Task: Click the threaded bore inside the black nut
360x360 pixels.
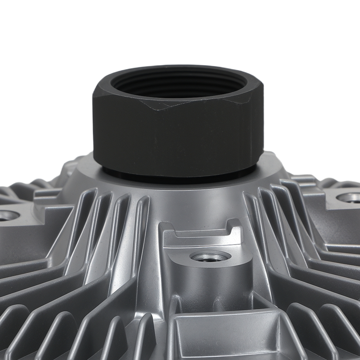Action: (178, 86)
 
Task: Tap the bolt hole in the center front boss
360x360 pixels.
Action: (210, 257)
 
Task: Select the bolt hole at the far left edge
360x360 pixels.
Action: (8, 216)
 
